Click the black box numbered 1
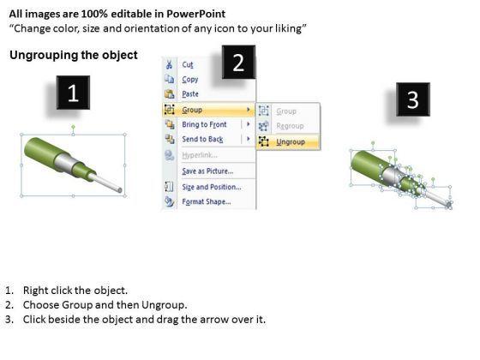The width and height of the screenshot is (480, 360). tap(73, 93)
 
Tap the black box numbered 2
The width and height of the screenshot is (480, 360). tap(238, 62)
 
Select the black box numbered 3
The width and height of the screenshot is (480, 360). tap(413, 99)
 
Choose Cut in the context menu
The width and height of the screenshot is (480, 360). tap(188, 64)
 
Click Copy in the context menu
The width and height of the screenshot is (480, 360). tap(190, 79)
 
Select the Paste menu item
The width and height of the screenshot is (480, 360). tap(190, 94)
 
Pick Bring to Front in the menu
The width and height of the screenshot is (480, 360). tap(204, 124)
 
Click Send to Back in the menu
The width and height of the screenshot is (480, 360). tap(202, 139)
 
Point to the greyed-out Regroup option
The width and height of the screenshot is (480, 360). tap(290, 126)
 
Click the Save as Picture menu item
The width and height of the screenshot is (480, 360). tap(207, 171)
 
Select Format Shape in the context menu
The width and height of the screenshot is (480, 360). tap(207, 201)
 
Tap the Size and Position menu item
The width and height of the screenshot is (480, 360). tap(212, 187)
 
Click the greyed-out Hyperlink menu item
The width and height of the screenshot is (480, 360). tap(200, 155)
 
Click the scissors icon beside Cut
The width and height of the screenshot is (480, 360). tap(169, 64)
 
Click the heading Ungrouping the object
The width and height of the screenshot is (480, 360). tap(74, 55)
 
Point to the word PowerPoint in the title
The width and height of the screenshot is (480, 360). tap(196, 14)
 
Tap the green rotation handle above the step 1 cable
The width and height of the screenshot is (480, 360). tap(73, 127)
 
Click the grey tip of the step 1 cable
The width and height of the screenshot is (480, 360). tap(120, 190)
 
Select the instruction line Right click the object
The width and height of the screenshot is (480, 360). tap(75, 291)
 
